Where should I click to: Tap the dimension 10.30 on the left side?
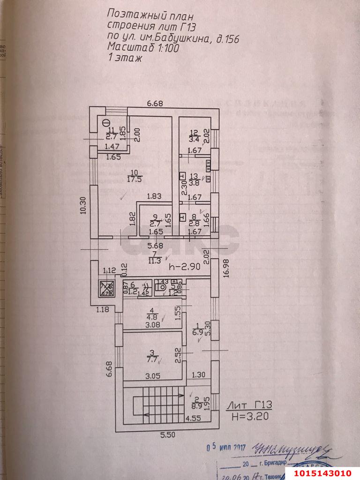coord(83,205)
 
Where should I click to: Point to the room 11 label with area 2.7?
coord(111,133)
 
